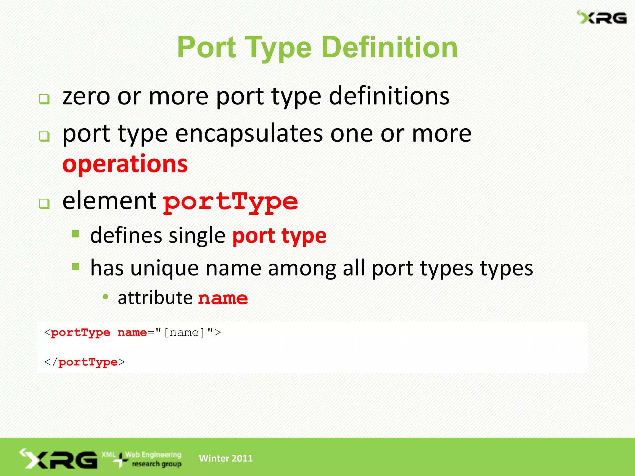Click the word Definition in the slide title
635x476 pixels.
pos(389,47)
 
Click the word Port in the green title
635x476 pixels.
pos(206,47)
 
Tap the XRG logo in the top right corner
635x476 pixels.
pos(602,18)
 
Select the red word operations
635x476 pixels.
pos(125,164)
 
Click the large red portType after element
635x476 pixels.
pos(230,202)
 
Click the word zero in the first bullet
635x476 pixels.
pos(86,96)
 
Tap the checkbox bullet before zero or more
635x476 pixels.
pos(44,99)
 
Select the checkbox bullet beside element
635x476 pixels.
pos(44,204)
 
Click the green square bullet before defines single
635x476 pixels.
pos(76,234)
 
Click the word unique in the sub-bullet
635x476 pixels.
pos(164,268)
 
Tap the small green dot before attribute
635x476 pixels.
pos(105,297)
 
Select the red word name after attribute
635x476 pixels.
pos(223,298)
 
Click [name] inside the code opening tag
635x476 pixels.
pos(184,333)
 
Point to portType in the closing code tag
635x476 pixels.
pos(88,362)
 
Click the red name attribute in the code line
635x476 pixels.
pos(132,333)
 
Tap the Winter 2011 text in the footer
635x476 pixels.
pos(226,458)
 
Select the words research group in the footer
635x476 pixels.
pos(157,464)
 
